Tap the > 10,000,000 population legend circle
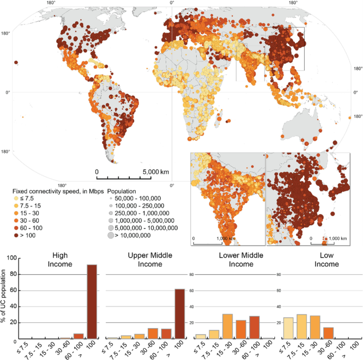point(111,236)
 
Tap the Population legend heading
point(122,191)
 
